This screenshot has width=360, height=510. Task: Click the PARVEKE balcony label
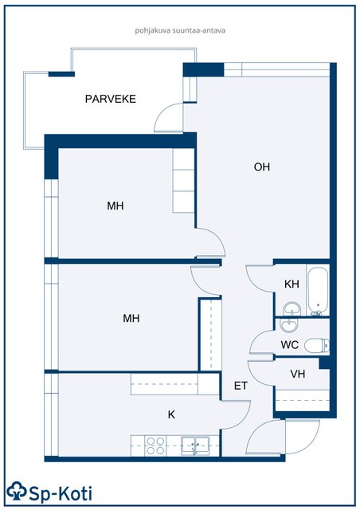coord(110,99)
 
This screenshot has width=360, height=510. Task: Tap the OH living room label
coord(262,167)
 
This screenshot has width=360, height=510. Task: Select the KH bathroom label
coord(292,284)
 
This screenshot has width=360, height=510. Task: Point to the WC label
coord(289,344)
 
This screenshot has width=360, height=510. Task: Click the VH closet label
coord(298,374)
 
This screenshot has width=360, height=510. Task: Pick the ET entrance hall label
coord(241,386)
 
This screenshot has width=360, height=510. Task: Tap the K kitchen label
coord(171,414)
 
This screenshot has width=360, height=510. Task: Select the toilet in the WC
coord(317,345)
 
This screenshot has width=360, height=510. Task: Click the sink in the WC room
coord(289,324)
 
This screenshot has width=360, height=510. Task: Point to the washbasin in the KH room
coord(292,308)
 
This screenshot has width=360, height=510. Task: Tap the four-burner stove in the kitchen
coord(155,445)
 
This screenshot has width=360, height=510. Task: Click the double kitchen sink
coord(195,445)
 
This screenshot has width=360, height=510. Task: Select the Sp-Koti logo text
coord(61,494)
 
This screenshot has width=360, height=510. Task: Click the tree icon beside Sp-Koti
coord(16,491)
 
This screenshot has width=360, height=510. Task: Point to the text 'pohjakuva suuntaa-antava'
coord(180,31)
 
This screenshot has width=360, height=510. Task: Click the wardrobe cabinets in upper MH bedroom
coord(183,181)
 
